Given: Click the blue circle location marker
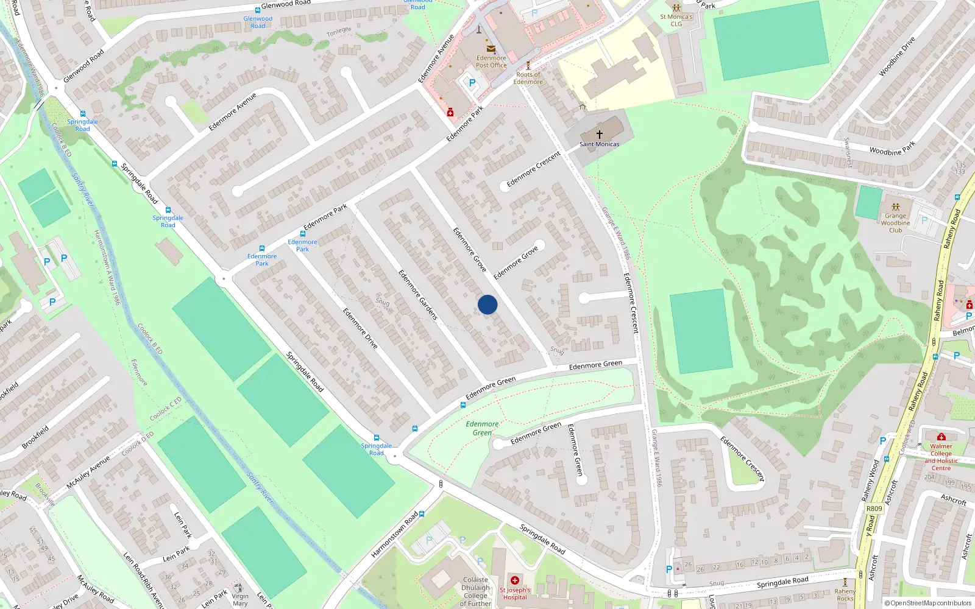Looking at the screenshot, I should (487, 304).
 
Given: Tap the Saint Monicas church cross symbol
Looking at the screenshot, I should (600, 134).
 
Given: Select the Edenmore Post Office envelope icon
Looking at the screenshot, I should (491, 49).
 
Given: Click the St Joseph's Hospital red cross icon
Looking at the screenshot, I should (515, 580).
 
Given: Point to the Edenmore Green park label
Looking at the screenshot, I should (482, 428).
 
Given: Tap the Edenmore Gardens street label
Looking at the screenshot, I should (418, 295).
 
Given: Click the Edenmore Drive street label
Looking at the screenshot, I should (360, 328).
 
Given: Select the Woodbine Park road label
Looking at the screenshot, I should (892, 149).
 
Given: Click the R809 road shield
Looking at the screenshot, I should (874, 509).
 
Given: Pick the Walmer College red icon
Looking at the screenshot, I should (941, 437).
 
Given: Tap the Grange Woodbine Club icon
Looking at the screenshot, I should (895, 207).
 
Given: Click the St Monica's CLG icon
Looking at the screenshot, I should (676, 8).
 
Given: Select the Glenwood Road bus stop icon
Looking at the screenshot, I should (257, 10).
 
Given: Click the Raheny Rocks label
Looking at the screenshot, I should (845, 594).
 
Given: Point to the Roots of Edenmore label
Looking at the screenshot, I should (528, 78).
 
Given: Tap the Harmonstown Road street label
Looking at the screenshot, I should (395, 535).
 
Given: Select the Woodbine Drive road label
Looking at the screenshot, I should (897, 57).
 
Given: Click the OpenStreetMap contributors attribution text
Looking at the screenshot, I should (931, 603).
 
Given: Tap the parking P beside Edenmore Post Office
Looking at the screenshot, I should (472, 83).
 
